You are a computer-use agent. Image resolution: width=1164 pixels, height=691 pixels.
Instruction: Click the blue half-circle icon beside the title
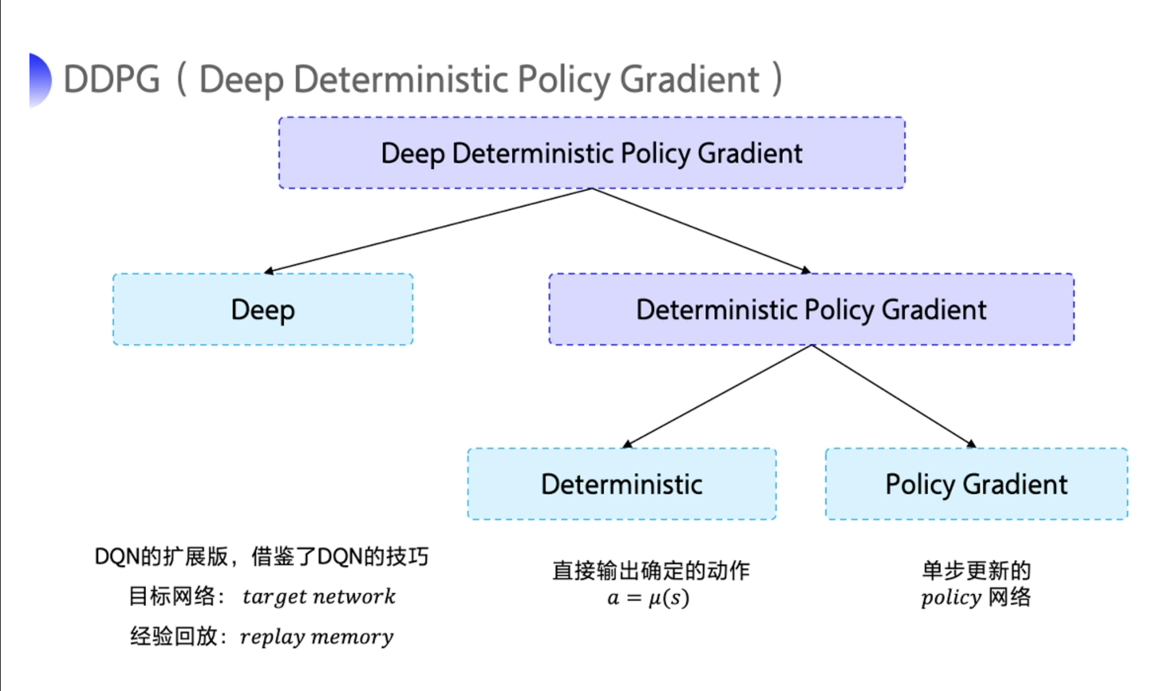pos(39,80)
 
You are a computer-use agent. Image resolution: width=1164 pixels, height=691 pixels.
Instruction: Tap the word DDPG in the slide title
pos(111,80)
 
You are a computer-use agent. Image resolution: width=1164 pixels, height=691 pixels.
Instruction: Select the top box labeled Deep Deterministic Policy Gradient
pos(591,153)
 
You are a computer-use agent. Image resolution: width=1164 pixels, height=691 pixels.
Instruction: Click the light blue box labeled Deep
pos(263,310)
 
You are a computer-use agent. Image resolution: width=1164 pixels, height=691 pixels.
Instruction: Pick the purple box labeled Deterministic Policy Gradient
pos(811,310)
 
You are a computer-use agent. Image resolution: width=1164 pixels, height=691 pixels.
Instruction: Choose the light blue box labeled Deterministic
pos(621,484)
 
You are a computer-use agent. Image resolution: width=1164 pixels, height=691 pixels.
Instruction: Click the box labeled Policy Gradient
pos(976,484)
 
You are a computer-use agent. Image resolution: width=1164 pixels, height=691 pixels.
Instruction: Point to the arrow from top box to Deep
pos(429,230)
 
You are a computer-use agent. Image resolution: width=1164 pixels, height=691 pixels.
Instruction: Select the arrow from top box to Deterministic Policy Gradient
pos(700,230)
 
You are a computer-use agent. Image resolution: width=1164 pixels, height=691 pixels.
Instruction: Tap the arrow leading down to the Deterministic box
pos(717,397)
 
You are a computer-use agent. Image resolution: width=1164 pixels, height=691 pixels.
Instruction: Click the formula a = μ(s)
pos(648,598)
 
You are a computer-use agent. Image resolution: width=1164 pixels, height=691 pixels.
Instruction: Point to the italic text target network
pos(319,597)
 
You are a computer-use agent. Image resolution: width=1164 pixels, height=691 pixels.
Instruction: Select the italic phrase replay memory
pos(317,637)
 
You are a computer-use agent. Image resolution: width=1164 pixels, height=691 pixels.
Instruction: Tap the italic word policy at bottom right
pos(951,598)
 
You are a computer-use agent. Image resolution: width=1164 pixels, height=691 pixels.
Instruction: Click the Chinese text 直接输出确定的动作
pos(651,571)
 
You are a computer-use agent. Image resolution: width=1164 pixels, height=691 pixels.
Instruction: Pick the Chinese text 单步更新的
pos(976,571)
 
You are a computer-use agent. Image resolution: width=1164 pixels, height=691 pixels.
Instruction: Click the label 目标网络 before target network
pos(172,596)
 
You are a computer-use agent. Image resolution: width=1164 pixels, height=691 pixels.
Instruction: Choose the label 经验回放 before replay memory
pos(173,636)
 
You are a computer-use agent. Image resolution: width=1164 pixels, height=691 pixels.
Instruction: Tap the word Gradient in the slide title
pos(689,80)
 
